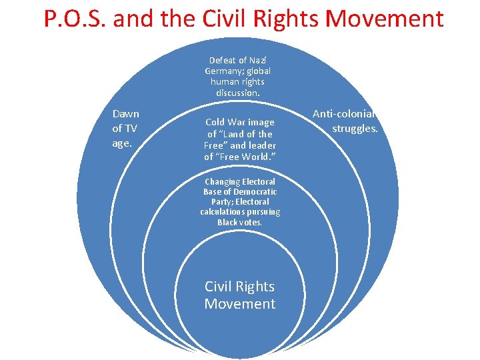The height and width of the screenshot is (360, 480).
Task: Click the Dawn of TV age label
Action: [125, 129]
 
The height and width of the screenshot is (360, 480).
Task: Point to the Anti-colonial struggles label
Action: [345, 121]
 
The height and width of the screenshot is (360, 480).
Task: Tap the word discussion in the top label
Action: [238, 93]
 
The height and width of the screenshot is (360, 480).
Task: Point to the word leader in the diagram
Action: [261, 145]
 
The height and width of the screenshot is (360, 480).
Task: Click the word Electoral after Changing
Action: [259, 181]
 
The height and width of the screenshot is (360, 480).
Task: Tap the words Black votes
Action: [239, 222]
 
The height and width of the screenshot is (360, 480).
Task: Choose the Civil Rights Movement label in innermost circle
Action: [239, 295]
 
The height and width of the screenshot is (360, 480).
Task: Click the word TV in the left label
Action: [131, 129]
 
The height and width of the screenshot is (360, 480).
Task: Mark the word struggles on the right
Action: [355, 128]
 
